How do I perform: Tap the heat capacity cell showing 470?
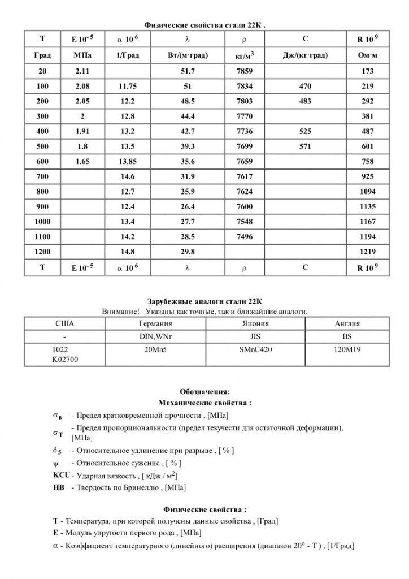coord(306,87)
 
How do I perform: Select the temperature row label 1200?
coord(42,251)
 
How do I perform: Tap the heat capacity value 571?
coord(306,146)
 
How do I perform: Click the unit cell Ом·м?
coord(367,55)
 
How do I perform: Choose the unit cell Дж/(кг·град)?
coord(306,55)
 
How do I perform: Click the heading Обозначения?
coord(204,392)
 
